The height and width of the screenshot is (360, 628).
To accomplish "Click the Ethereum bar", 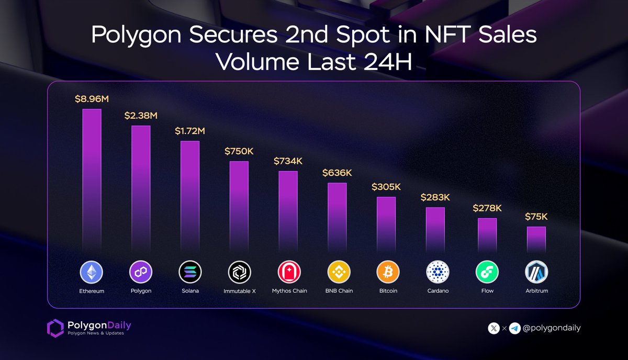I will pyautogui.click(x=92, y=181).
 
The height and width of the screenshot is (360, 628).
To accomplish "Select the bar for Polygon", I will pyautogui.click(x=141, y=189).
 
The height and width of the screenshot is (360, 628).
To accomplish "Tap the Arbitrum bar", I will pyautogui.click(x=536, y=240).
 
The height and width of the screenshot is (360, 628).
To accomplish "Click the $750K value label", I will pyautogui.click(x=239, y=151).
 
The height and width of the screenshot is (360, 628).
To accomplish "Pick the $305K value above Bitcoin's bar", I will pyautogui.click(x=387, y=186).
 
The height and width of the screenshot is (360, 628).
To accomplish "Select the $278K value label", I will pyautogui.click(x=487, y=208).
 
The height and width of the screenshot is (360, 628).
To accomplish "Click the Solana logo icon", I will pyautogui.click(x=190, y=272).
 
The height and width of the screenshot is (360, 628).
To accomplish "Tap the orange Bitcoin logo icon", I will pyautogui.click(x=388, y=272).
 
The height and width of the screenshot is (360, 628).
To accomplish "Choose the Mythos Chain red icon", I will pyautogui.click(x=289, y=272).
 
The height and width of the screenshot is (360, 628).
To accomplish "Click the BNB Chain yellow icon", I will pyautogui.click(x=339, y=272).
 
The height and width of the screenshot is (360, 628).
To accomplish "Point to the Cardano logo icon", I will pyautogui.click(x=438, y=272).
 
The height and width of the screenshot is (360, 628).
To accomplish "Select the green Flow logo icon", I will pyautogui.click(x=487, y=272).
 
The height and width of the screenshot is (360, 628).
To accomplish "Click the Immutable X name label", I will pyautogui.click(x=240, y=291).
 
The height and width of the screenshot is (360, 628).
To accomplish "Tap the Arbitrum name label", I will pyautogui.click(x=536, y=291).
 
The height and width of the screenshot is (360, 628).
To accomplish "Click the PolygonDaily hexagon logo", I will pyautogui.click(x=55, y=328).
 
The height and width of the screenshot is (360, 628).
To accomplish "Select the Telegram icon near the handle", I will pyautogui.click(x=514, y=329).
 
